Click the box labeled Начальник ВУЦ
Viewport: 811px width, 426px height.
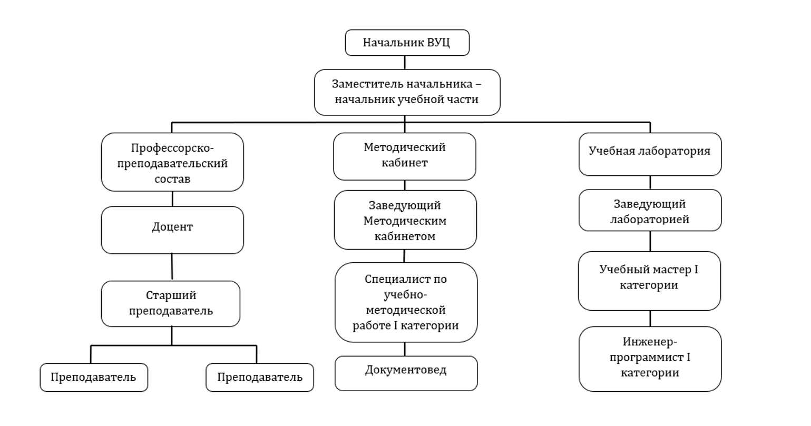click(x=407, y=43)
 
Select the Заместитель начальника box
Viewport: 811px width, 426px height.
click(x=407, y=92)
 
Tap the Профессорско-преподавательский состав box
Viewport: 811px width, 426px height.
click(x=172, y=162)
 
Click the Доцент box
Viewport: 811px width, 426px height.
click(x=172, y=230)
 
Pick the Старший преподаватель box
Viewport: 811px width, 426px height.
click(x=171, y=303)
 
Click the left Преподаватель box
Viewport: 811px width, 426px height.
click(x=94, y=377)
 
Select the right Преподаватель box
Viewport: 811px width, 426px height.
click(x=260, y=377)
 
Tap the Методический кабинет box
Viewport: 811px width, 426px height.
click(x=405, y=156)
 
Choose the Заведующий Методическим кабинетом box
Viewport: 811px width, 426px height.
click(x=405, y=220)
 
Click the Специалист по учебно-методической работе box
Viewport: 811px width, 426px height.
click(x=406, y=302)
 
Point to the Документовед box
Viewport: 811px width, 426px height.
click(x=406, y=373)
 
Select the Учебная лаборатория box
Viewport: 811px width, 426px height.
click(x=650, y=154)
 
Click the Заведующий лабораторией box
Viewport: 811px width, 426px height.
click(x=650, y=210)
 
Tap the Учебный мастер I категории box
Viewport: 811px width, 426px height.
click(x=649, y=281)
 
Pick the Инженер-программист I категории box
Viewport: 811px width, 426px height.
click(x=650, y=359)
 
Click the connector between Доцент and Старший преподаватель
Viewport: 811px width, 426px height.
click(x=172, y=267)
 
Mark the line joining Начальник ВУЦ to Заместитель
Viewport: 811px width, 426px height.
click(x=405, y=62)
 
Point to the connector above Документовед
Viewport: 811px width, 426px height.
click(x=405, y=349)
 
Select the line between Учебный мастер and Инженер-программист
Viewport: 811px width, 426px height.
click(x=650, y=318)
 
